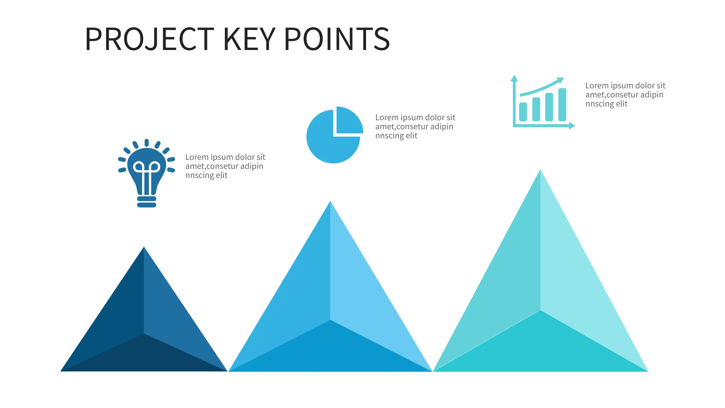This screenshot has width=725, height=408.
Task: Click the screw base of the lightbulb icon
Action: (x=146, y=202)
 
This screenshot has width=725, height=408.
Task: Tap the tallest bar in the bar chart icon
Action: (x=562, y=105)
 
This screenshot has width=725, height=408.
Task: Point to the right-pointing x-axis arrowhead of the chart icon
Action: (x=572, y=126)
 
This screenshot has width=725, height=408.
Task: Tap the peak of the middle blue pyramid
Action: (x=330, y=203)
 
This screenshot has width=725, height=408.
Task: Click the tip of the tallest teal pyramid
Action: (x=540, y=171)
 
